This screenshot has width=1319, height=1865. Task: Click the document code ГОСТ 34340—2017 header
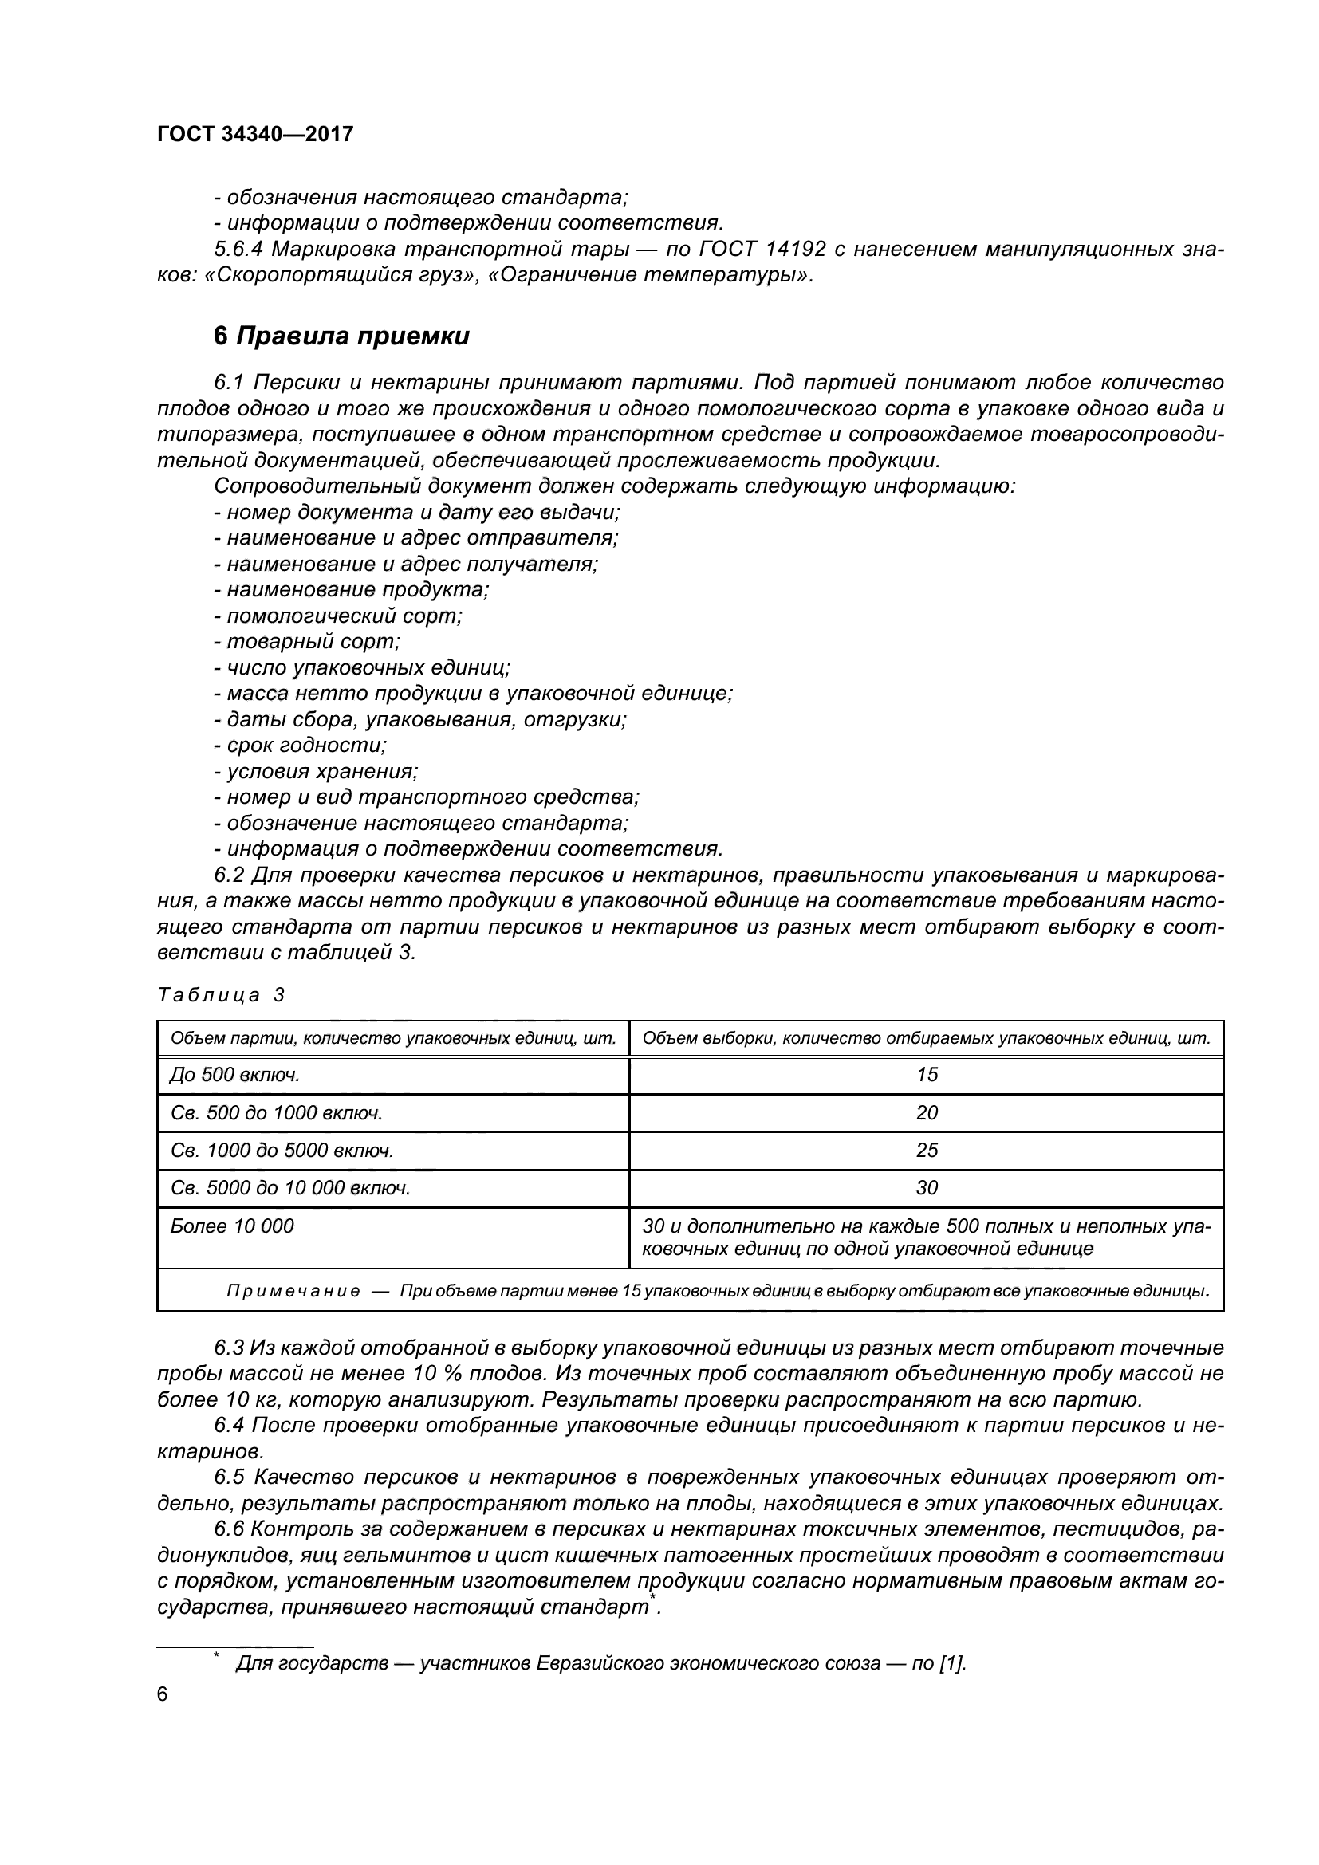255,134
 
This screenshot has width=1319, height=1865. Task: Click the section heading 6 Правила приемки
341,336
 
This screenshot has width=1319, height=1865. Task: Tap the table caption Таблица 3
221,995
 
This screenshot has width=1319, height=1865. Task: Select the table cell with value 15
926,1075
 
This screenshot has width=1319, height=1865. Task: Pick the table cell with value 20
926,1113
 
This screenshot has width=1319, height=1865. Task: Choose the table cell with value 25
926,1151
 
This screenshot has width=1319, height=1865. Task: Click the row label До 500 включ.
234,1075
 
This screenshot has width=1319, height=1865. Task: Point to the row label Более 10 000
232,1226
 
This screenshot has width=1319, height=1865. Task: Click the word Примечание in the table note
293,1292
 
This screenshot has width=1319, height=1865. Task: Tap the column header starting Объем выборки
926,1038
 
